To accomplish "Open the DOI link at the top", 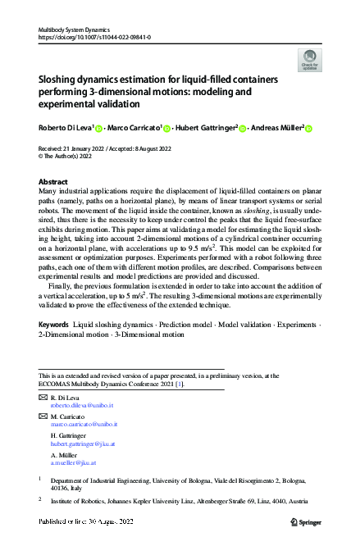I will coord(93,37).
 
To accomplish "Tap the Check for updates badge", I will coord(309,61).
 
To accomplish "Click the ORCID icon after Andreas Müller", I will coord(309,129).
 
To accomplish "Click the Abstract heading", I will coord(53,181).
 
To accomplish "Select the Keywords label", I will coord(54,325).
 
